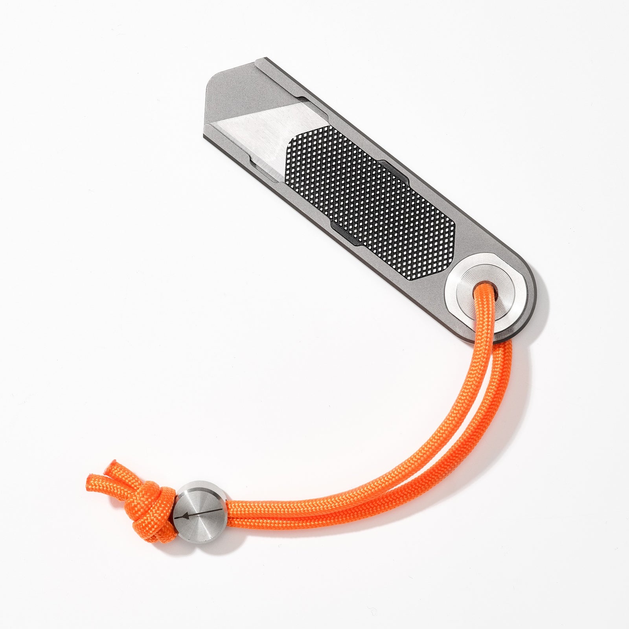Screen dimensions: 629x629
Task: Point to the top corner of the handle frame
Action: click(x=261, y=61)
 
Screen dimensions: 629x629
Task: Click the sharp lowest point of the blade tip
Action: click(x=204, y=137)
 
